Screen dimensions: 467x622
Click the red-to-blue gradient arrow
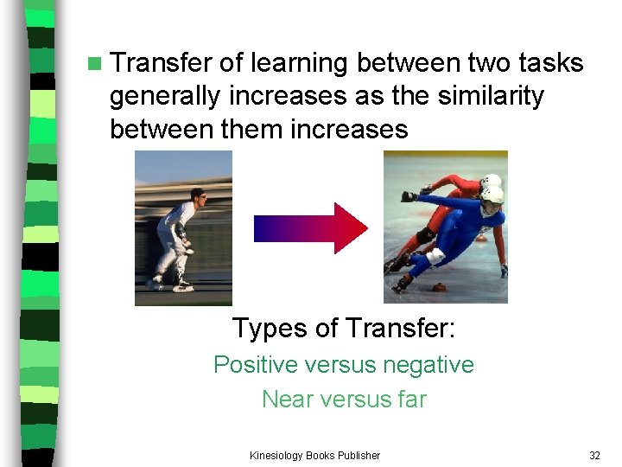point(310,227)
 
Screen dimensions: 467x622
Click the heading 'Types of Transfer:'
point(344,329)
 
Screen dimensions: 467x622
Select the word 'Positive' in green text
point(256,365)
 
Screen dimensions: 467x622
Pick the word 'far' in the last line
point(410,400)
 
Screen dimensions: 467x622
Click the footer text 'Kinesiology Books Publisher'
point(314,456)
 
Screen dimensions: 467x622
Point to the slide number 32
point(594,456)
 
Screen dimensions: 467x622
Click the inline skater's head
point(198,196)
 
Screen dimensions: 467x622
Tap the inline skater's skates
point(168,285)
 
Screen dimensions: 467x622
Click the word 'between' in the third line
point(151,130)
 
